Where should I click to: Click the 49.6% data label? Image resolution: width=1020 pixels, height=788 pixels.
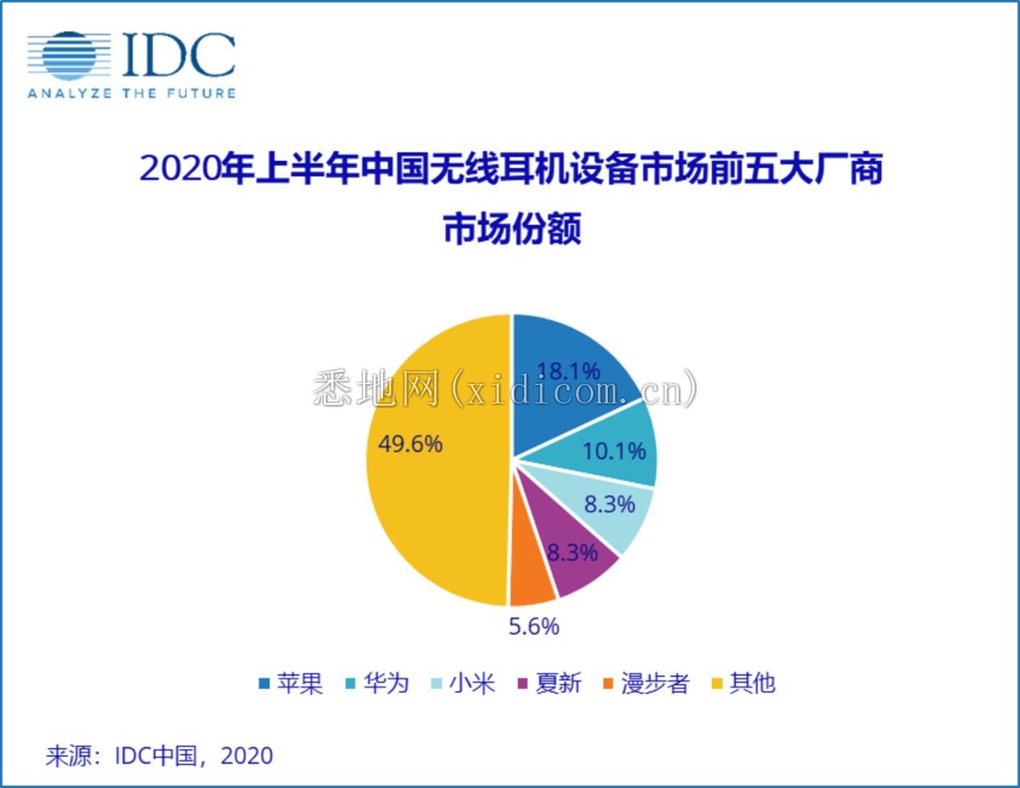[x=411, y=444]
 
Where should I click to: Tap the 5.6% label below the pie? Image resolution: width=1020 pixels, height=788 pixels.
[x=534, y=626]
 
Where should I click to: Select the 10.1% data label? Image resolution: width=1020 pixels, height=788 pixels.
[x=614, y=451]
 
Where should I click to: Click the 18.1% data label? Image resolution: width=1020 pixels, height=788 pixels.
[x=568, y=372]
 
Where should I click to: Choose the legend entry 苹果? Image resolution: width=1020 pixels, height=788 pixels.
[x=291, y=683]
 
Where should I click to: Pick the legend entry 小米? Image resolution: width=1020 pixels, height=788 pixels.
[x=463, y=683]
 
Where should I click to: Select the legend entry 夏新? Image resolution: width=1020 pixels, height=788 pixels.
[x=549, y=683]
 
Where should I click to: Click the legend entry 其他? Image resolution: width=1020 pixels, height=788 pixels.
[x=744, y=683]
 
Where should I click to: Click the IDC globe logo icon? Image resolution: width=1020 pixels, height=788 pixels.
[x=68, y=56]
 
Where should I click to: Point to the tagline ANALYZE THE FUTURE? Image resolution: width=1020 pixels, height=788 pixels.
[x=131, y=93]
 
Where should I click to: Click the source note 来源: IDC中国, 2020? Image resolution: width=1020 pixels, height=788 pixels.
[x=159, y=756]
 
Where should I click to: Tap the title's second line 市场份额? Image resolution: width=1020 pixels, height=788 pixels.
[x=512, y=229]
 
